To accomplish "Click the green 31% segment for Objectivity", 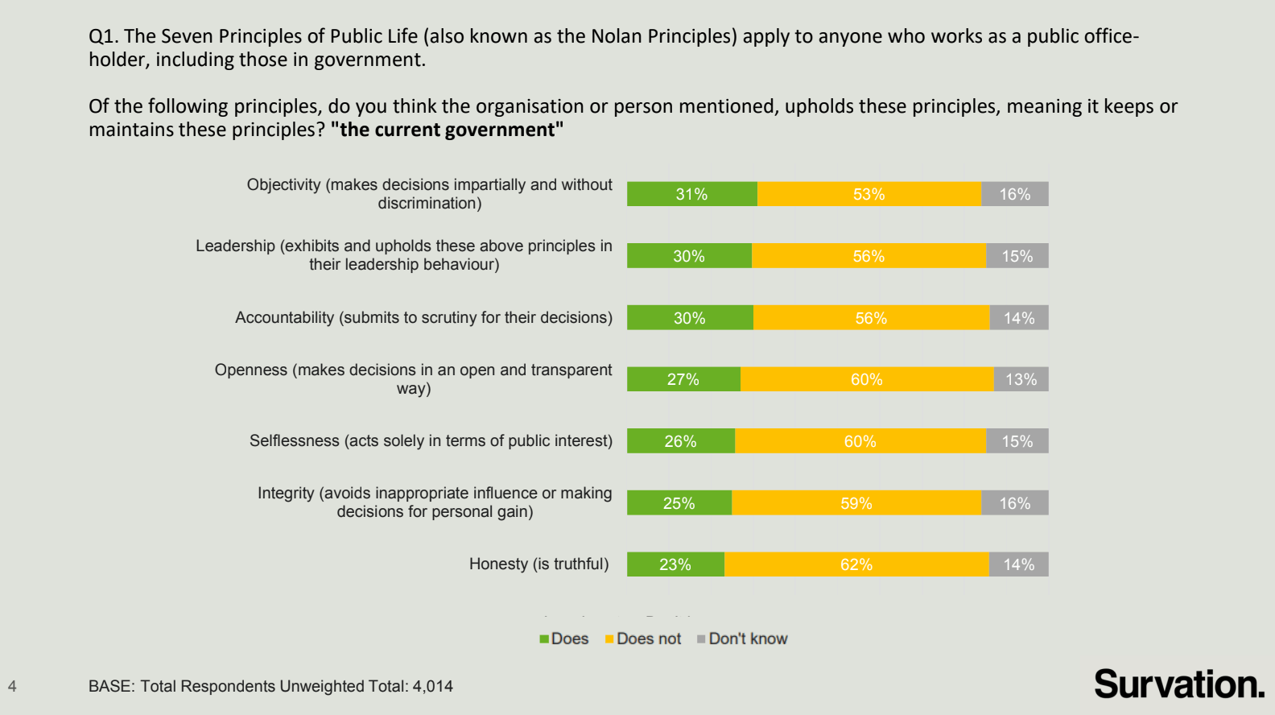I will (691, 194).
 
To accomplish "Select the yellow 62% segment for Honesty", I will (856, 564).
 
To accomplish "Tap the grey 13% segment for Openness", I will (1021, 379).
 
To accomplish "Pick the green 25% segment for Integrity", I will (679, 503).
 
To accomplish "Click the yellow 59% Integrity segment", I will (856, 503).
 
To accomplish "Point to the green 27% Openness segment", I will (683, 379).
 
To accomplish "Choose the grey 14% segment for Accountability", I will (1018, 318).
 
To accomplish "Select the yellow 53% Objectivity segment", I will (869, 194).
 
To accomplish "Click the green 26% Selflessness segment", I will (680, 441).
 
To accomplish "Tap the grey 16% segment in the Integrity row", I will (1014, 503).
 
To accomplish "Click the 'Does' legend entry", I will (565, 639).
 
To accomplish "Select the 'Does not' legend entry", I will (644, 639).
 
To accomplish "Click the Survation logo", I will (1178, 684).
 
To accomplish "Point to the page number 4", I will (12, 686).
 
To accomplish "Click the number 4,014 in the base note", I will (432, 686).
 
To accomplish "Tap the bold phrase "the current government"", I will (447, 130).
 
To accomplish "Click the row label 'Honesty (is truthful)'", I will (538, 564).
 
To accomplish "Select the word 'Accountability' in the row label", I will (284, 317).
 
